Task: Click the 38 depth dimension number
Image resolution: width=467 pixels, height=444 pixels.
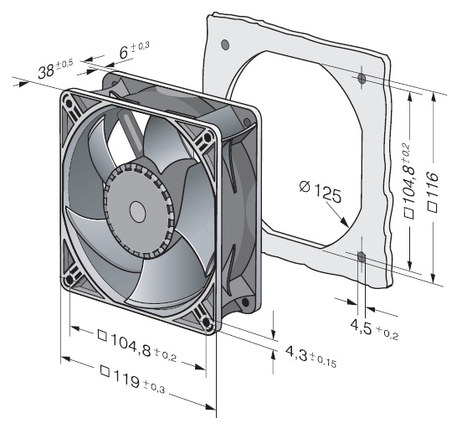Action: coord(46,72)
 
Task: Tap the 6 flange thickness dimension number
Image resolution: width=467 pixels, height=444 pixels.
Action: coord(124,53)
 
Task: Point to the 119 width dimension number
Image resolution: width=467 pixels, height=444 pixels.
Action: coord(126,379)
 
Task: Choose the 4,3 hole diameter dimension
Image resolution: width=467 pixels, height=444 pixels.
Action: coord(296,353)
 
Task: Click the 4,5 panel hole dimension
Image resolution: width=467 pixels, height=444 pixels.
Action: coord(362,326)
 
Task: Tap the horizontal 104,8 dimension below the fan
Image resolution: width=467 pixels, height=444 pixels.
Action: coord(131,345)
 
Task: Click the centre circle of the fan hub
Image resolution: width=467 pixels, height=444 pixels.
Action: coord(137,211)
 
